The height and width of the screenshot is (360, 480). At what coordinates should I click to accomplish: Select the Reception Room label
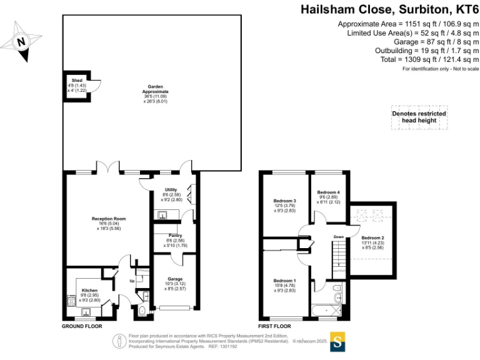pyautogui.click(x=109, y=219)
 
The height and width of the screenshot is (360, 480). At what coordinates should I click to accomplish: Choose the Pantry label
pyautogui.click(x=173, y=236)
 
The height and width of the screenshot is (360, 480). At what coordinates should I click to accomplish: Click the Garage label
pyautogui.click(x=174, y=279)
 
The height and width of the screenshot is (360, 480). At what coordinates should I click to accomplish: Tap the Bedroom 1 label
pyautogui.click(x=284, y=281)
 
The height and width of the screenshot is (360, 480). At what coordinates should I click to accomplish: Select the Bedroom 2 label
pyautogui.click(x=372, y=237)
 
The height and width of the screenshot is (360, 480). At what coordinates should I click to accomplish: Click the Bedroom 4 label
pyautogui.click(x=328, y=192)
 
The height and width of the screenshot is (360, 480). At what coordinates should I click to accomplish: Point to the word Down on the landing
pyautogui.click(x=338, y=237)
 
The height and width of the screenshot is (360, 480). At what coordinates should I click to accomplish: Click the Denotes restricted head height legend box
pyautogui.click(x=419, y=117)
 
